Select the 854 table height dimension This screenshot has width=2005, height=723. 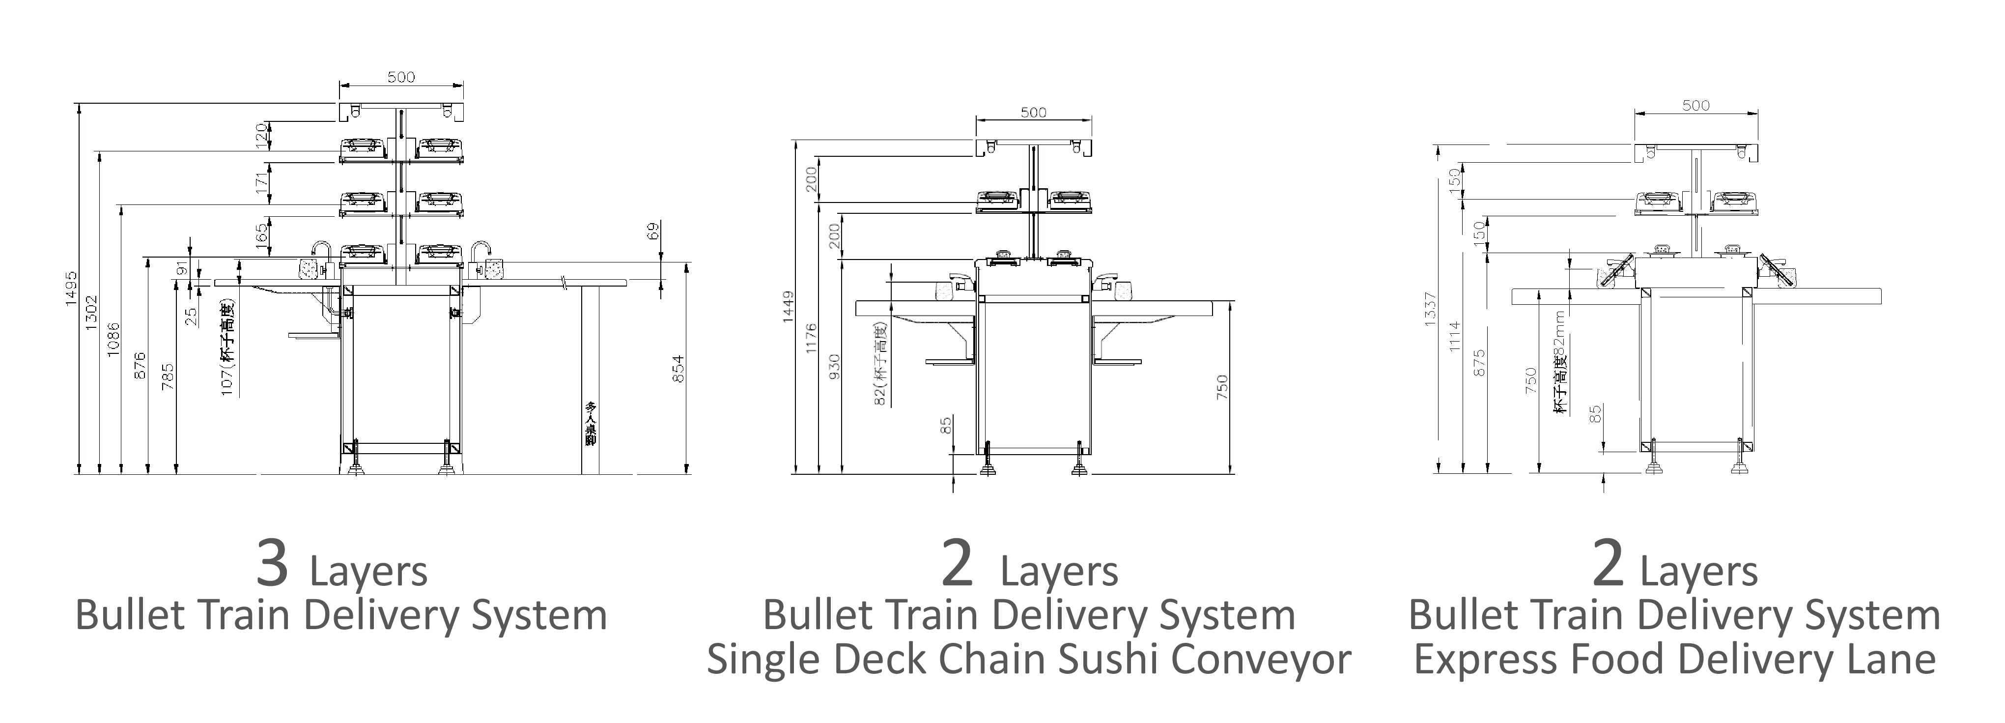pos(678,369)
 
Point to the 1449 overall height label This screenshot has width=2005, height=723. pos(789,307)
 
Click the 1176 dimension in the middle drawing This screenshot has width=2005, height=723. pos(811,339)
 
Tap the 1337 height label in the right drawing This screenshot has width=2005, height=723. pos(1430,309)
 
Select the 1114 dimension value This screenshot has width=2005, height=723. pos(1454,336)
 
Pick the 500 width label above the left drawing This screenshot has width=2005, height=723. pos(401,77)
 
